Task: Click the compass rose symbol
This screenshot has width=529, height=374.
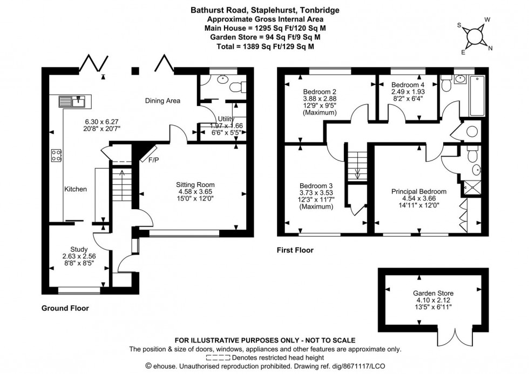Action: pyautogui.click(x=474, y=36)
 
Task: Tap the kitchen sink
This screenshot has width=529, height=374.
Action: pyautogui.click(x=72, y=101)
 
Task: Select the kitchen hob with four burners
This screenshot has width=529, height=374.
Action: pyautogui.click(x=57, y=156)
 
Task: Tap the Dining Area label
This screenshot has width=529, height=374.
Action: pyautogui.click(x=162, y=101)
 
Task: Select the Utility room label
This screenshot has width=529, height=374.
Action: pyautogui.click(x=225, y=119)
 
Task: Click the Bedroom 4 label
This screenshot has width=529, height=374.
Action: pyautogui.click(x=408, y=85)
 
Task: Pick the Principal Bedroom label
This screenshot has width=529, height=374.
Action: pyautogui.click(x=419, y=191)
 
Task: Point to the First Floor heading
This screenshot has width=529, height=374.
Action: pyautogui.click(x=295, y=250)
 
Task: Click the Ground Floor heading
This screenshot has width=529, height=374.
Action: pyautogui.click(x=65, y=308)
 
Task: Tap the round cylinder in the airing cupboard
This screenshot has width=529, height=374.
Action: pyautogui.click(x=471, y=131)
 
